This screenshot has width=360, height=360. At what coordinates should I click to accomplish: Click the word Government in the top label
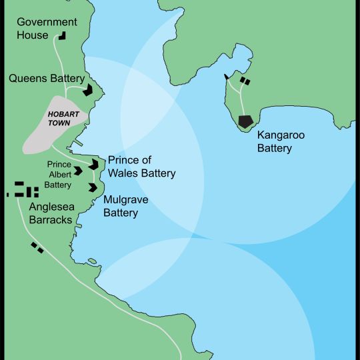47,22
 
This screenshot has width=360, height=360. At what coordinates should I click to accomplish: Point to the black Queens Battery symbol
89,89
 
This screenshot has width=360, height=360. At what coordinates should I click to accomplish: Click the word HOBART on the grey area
64,114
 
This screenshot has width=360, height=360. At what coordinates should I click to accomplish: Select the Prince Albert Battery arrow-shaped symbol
79,171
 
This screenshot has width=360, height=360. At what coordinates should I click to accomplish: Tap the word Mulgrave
125,200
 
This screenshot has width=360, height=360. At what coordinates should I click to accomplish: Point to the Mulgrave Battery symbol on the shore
93,187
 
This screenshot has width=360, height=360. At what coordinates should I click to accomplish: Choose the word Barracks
51,220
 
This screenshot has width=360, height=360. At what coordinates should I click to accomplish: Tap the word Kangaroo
281,135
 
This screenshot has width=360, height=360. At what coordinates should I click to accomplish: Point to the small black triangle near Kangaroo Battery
227,77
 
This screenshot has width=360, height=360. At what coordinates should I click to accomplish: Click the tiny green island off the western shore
91,261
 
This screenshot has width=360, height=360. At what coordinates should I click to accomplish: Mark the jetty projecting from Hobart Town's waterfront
78,143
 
